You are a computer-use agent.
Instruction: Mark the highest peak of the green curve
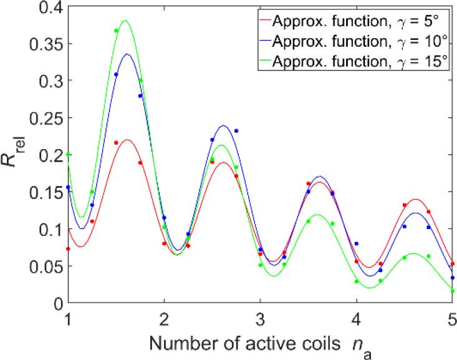(x=125, y=21)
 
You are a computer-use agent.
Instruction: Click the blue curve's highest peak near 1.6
(x=127, y=54)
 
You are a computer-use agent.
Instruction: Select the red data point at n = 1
(x=68, y=248)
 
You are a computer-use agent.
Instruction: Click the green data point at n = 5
(x=453, y=291)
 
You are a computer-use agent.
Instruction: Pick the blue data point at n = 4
(x=357, y=243)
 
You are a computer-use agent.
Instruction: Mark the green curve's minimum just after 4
(x=369, y=288)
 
